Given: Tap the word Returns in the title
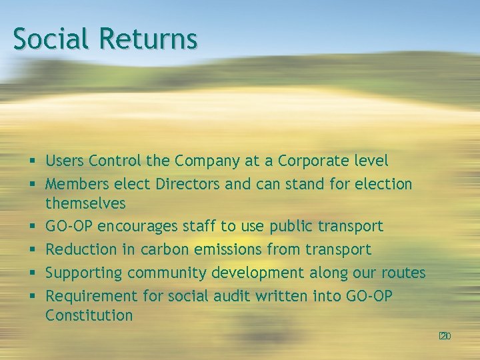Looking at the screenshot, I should pos(148,38).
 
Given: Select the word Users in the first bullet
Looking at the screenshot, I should pos(65,161).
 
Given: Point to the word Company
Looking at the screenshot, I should pos(205,161).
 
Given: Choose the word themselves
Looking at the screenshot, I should pos(85,202).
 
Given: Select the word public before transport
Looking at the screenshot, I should pos(291,227).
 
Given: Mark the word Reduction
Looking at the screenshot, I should pos(81,249).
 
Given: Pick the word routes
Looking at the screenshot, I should pos(403,273).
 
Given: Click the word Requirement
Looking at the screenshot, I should pos(90,295).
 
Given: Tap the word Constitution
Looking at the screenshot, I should pos(89,315).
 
